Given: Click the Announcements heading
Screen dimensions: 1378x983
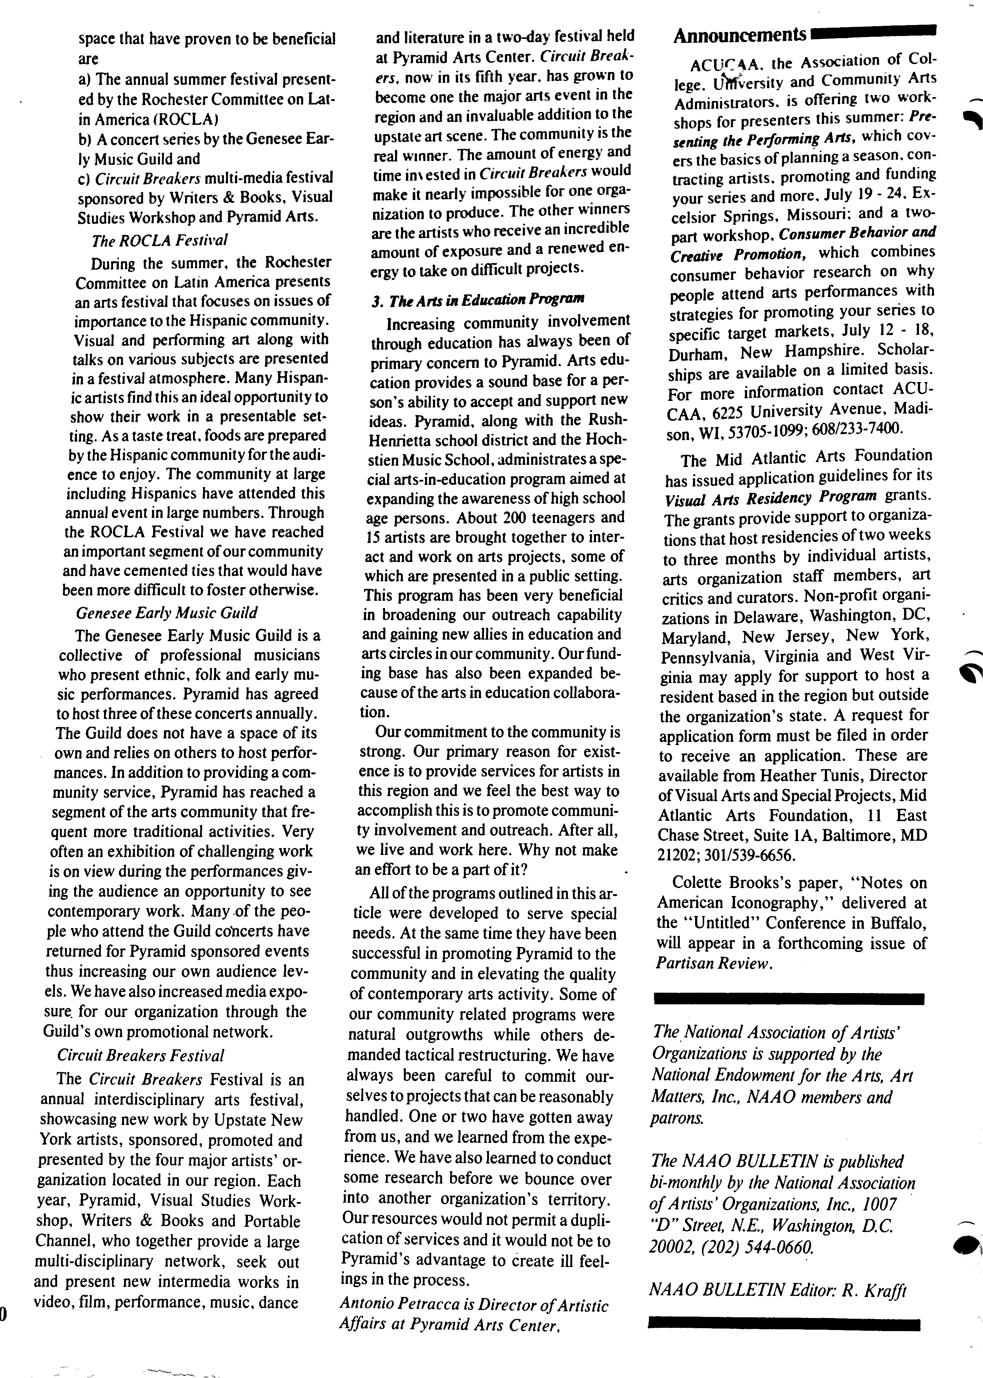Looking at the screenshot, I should pos(740,36).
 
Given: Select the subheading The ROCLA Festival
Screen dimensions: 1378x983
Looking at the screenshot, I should pos(160,240).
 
